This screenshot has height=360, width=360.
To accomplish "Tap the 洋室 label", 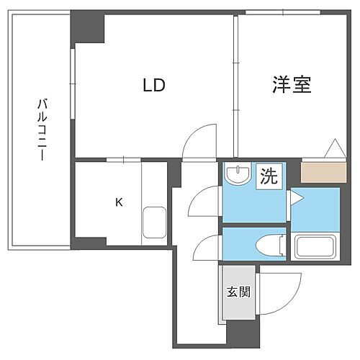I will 291,85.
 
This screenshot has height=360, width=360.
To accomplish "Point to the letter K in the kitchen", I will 120,202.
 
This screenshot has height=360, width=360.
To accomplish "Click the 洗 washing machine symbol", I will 268,176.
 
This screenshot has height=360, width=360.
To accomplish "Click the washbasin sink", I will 236,175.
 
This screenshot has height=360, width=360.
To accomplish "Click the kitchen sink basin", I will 155,222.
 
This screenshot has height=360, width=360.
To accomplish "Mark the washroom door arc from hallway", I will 203,202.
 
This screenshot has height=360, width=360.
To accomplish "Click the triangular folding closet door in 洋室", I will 334,149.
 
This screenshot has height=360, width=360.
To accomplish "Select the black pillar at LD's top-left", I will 88,28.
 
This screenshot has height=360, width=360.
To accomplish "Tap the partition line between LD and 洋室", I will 235,72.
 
